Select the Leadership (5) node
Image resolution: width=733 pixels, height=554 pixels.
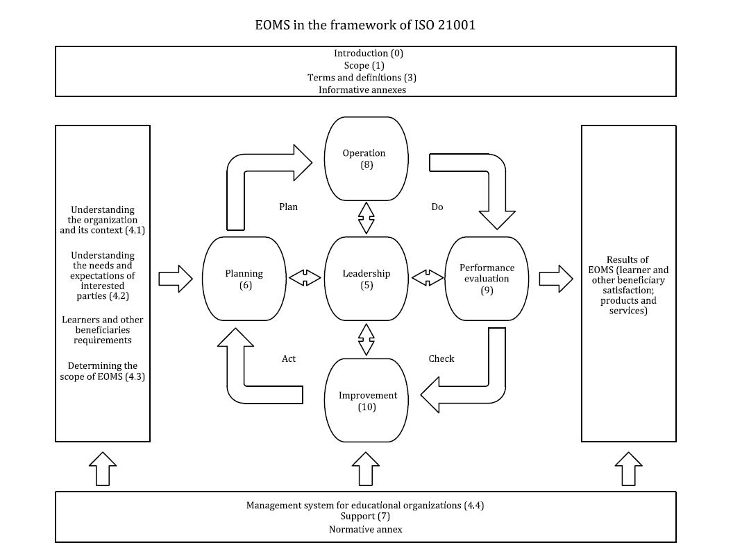click(x=366, y=278)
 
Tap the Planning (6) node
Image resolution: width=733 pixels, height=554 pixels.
click(x=244, y=279)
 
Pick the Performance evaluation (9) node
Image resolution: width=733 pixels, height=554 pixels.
click(x=487, y=278)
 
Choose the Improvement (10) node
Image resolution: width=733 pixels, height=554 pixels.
click(x=367, y=400)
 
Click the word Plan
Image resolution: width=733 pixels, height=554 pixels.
click(x=288, y=207)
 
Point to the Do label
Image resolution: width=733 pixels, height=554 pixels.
click(x=437, y=207)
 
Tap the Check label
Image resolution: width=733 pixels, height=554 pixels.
click(x=441, y=358)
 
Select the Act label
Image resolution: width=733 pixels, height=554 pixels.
click(x=289, y=358)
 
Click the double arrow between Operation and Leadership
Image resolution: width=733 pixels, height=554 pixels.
click(x=366, y=218)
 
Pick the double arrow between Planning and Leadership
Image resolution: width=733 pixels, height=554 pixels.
click(x=305, y=278)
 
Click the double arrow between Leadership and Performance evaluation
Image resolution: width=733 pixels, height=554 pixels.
click(x=428, y=278)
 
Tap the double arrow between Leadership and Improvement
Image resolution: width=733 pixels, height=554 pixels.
click(x=366, y=339)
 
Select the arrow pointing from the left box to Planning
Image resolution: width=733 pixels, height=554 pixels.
click(x=176, y=278)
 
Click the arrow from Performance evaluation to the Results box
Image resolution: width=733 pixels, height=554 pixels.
click(x=556, y=278)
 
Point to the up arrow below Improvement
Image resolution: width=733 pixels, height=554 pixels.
click(x=366, y=469)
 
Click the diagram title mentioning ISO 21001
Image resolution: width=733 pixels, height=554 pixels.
click(x=366, y=26)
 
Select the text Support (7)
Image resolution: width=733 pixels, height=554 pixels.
click(x=365, y=517)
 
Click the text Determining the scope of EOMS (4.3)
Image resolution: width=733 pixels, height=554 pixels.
click(x=103, y=371)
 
